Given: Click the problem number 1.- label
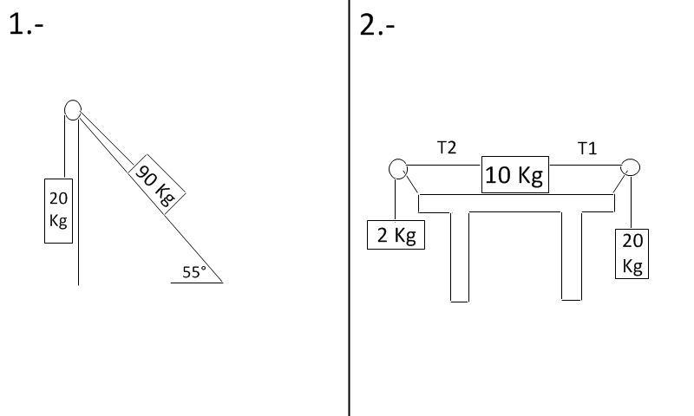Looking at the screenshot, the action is (26, 24).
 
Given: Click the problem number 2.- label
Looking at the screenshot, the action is (377, 24).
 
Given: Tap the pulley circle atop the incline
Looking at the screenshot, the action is (73, 110).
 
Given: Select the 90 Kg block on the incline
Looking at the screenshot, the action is (157, 185).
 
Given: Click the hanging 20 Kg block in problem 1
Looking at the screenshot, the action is (58, 211).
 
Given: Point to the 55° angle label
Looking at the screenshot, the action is (194, 272).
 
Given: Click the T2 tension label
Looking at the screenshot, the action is (447, 147).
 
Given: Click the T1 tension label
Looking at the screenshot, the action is (587, 148).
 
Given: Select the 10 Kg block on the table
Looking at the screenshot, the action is (515, 174).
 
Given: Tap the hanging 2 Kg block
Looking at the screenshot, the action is (396, 235).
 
